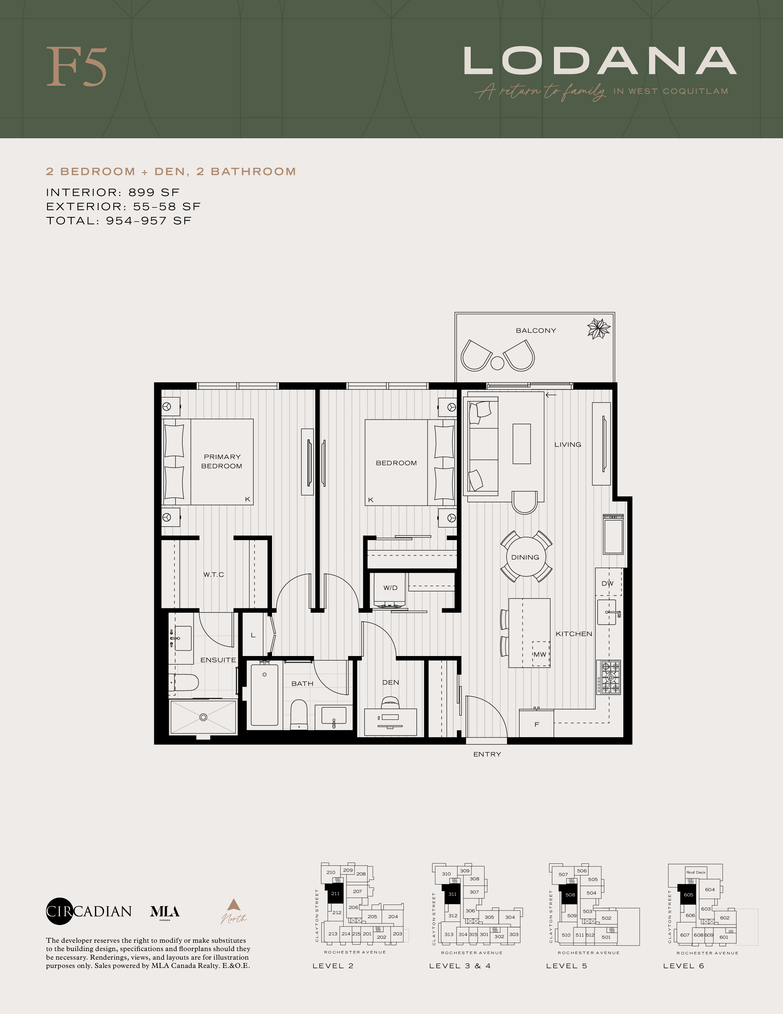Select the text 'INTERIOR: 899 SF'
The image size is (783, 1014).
[113, 192]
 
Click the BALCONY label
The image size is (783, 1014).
[536, 331]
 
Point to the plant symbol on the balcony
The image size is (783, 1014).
[598, 329]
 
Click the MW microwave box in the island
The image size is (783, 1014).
[540, 654]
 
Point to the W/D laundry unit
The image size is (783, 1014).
[390, 590]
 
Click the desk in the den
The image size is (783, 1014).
[391, 722]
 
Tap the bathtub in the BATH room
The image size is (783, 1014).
[264, 694]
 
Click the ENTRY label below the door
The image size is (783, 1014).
[487, 754]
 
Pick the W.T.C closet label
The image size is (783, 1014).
[213, 574]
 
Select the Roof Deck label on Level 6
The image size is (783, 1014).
[696, 872]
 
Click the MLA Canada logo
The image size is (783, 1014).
[165, 912]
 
